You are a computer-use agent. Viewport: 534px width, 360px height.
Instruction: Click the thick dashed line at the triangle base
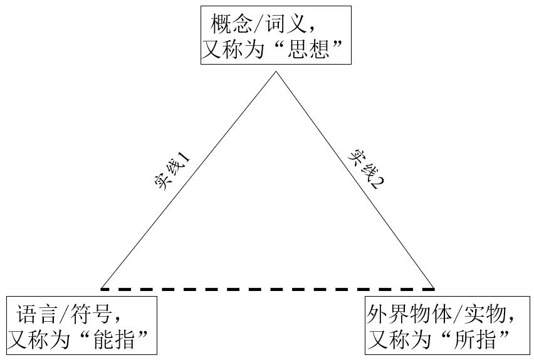pyautogui.click(x=268, y=289)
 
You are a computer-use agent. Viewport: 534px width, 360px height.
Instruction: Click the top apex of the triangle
pyautogui.click(x=276, y=72)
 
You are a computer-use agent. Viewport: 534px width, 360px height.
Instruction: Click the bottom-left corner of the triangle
pyautogui.click(x=102, y=289)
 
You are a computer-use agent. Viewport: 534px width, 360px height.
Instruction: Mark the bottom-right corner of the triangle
pyautogui.click(x=434, y=289)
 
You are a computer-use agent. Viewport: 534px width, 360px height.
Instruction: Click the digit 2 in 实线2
pyautogui.click(x=379, y=183)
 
